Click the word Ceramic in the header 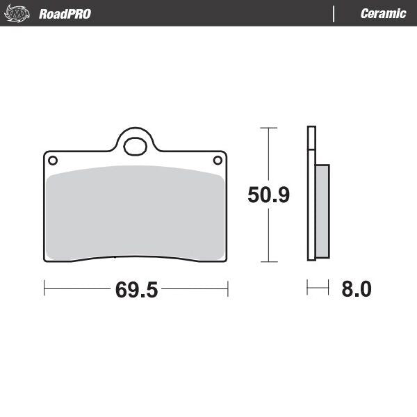pos(383,14)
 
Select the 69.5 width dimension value pos(137,290)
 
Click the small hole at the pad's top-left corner pos(52,161)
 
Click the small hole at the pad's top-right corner pos(218,161)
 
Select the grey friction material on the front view pos(136,212)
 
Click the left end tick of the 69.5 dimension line pos(44,288)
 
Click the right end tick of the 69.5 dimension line pos(227,288)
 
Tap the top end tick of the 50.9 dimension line pos(268,128)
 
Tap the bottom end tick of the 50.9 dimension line pos(268,262)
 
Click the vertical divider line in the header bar pos(335,14)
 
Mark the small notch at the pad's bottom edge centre pos(113,259)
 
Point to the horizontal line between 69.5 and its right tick pos(195,288)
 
